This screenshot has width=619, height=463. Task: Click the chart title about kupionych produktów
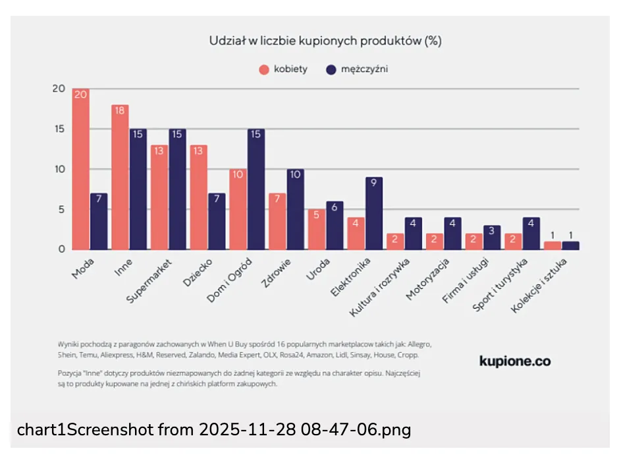point(325,41)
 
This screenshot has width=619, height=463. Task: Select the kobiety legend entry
point(283,69)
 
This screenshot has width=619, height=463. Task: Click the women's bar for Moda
point(81,170)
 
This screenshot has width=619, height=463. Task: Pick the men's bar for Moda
point(99,222)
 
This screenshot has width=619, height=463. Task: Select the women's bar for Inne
point(120,177)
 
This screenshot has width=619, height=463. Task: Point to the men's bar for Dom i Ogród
point(256,189)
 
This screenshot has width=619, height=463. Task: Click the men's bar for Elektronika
point(374,214)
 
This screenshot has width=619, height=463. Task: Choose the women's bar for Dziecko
point(199,197)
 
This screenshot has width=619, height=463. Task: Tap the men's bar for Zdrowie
point(296,210)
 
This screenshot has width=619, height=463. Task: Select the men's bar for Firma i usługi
point(492,237)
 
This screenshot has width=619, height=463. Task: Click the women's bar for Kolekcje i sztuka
point(552,246)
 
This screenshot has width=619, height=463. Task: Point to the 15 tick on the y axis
point(59,129)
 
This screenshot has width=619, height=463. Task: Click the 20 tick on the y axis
point(59,89)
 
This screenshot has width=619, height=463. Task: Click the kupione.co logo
point(515,361)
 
